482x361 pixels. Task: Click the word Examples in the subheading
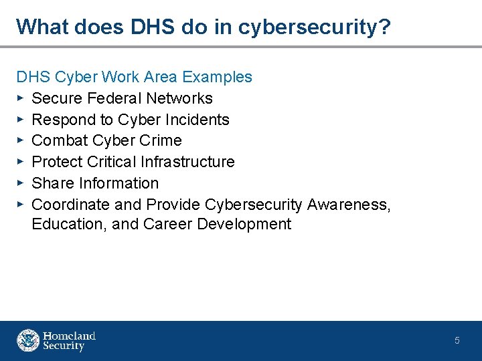tap(218, 77)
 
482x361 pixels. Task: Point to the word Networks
tap(179, 98)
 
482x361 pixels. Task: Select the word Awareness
tap(349, 204)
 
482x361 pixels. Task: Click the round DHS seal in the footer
tap(28, 340)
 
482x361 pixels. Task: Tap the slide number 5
tap(457, 341)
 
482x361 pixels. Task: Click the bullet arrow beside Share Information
tap(21, 183)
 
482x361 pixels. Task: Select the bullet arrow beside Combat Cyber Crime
tap(21, 140)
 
